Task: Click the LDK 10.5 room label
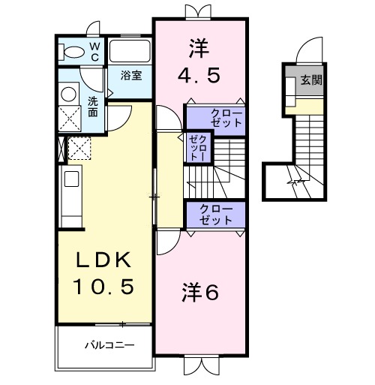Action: point(104,273)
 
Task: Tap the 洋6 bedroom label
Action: point(199,293)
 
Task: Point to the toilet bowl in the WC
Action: point(73,53)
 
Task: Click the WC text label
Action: point(95,51)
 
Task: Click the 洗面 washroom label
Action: point(92,107)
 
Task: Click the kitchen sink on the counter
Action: point(71,179)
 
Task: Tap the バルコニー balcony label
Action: point(108,346)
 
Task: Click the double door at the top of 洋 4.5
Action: point(199,12)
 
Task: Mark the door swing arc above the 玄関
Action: point(308,50)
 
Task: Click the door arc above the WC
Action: point(93,29)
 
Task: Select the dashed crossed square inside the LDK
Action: point(79,148)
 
